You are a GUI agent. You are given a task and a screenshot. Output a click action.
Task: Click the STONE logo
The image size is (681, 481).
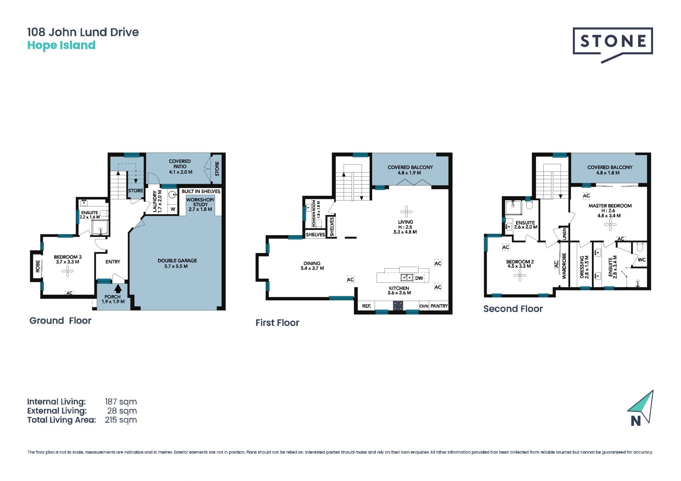(x=613, y=45)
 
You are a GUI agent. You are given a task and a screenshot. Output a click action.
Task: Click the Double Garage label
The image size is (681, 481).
(x=177, y=263)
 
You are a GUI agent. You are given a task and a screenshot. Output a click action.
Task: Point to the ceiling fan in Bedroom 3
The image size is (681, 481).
(x=67, y=272)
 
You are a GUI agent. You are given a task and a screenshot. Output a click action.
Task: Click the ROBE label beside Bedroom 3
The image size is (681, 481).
(x=38, y=267)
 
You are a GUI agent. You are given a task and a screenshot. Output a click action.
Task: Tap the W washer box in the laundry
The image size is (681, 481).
(x=173, y=209)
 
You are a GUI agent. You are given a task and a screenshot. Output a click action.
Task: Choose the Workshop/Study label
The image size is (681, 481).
(x=200, y=205)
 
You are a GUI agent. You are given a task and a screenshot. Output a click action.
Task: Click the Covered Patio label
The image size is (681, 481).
(x=180, y=167)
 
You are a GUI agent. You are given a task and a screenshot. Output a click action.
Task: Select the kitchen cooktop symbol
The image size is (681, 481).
(x=398, y=306)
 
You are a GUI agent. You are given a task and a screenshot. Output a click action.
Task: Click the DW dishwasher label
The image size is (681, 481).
(x=419, y=278)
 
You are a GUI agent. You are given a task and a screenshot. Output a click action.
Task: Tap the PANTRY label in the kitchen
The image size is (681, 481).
(x=439, y=306)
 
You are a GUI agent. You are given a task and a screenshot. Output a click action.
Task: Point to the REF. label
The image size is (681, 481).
(x=367, y=306)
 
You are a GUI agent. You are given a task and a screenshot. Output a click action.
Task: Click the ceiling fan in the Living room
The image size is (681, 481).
(x=406, y=212)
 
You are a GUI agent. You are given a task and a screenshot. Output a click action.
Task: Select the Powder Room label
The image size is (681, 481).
(x=316, y=214)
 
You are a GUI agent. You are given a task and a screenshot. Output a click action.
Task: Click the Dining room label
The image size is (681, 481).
(x=312, y=266)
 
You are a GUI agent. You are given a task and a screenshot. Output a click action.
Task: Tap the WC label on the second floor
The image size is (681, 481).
(x=642, y=260)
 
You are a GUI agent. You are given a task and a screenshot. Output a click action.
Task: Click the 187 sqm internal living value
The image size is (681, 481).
(x=121, y=402)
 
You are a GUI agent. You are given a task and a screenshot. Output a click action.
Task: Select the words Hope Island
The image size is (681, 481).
(x=61, y=45)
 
